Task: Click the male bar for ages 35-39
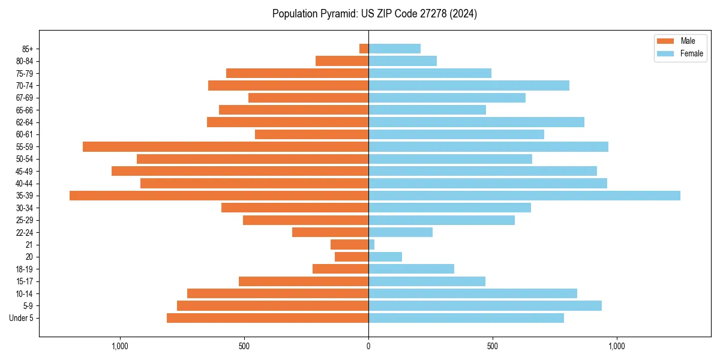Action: [x=219, y=196]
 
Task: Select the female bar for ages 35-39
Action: [x=524, y=196]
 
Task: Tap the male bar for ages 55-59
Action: [x=226, y=146]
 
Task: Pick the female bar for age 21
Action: [x=371, y=245]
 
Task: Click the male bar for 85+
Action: [x=364, y=49]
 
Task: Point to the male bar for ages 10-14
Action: [x=278, y=293]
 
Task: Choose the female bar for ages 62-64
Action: [x=476, y=122]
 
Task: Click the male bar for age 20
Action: [x=352, y=257]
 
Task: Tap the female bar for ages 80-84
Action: [x=403, y=61]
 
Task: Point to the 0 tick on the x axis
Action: [x=368, y=346]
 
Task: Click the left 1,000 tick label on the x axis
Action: [x=120, y=346]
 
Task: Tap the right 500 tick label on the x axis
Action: [x=493, y=346]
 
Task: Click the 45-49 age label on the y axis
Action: [x=24, y=171]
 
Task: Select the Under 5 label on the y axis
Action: [x=21, y=318]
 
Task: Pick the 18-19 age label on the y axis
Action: [x=24, y=269]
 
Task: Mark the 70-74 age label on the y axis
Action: [x=24, y=85]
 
